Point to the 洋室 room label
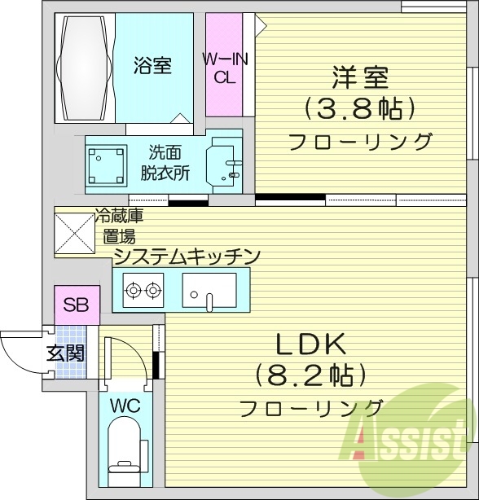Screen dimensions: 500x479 pyautogui.click(x=359, y=78)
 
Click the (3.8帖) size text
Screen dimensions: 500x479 pyautogui.click(x=359, y=108)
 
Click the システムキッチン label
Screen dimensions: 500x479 pyautogui.click(x=187, y=257)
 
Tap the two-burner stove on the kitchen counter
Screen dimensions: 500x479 pyautogui.click(x=143, y=288)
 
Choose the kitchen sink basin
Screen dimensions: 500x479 pyautogui.click(x=209, y=289)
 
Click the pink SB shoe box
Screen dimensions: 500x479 pyautogui.click(x=77, y=305)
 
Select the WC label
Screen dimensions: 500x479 pyautogui.click(x=121, y=405)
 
